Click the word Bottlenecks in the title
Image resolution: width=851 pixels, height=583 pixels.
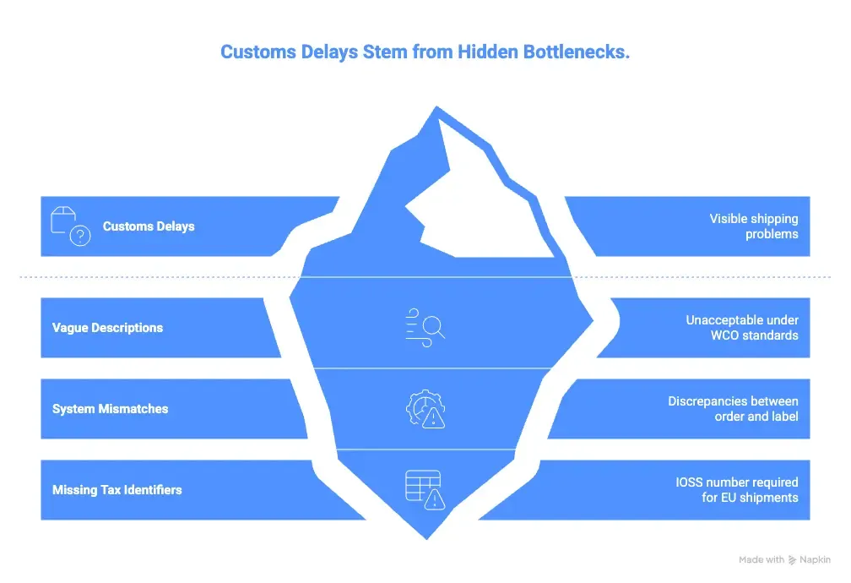[x=577, y=52]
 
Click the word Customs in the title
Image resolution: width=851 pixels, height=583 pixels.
[x=258, y=52]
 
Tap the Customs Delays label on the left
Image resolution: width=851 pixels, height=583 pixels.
[x=149, y=226]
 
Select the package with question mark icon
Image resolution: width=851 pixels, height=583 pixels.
[x=71, y=226]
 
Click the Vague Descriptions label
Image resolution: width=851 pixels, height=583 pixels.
[x=107, y=328]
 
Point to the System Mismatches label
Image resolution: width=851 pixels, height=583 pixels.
[x=110, y=409]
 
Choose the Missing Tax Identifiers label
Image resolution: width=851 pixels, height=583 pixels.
[x=117, y=489]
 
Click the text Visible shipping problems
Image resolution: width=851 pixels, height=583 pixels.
[x=754, y=226]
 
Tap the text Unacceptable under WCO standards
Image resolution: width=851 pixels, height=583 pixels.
[x=742, y=328]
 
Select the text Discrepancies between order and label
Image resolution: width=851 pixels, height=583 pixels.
[x=733, y=409]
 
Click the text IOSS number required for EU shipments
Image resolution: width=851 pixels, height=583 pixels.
[x=737, y=489]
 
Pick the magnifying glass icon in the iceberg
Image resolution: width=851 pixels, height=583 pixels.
[x=425, y=327]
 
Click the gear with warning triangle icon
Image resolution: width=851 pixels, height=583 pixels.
[x=425, y=409]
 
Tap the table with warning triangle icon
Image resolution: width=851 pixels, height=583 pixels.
[x=425, y=489]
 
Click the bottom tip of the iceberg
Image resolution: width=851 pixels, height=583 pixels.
[x=426, y=539]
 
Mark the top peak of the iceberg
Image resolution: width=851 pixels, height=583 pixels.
[x=436, y=107]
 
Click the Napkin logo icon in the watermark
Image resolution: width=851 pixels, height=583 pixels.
[x=792, y=559]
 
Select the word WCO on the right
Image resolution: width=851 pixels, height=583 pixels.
[x=724, y=335]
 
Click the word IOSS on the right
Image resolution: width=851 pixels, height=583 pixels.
[x=689, y=482]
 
